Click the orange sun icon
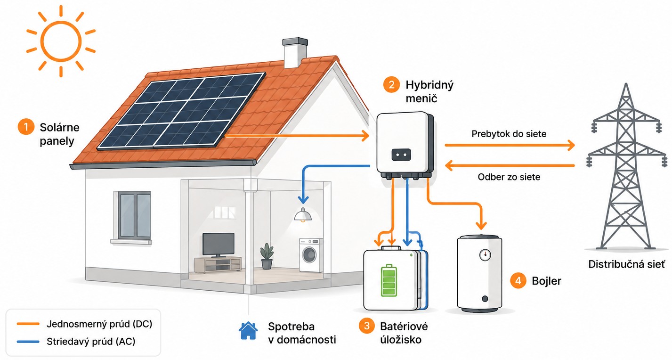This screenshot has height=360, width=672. (x=61, y=41)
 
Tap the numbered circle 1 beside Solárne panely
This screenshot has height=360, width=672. (x=26, y=127)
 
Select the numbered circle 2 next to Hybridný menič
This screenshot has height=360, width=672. (x=391, y=85)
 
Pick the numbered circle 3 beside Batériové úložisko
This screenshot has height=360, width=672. (x=366, y=326)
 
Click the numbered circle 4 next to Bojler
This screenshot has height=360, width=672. (x=518, y=280)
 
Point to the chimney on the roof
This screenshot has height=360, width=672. (x=295, y=53)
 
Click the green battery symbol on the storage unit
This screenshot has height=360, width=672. (x=389, y=280)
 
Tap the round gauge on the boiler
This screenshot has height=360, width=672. (x=485, y=255)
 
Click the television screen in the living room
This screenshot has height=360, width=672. (x=219, y=244)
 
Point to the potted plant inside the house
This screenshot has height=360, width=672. (x=267, y=256)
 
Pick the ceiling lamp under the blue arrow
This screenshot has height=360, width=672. (x=303, y=215)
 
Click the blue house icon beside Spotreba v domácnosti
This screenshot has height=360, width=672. (x=248, y=331)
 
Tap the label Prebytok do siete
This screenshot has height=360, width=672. (x=509, y=134)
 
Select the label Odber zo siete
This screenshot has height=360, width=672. (x=509, y=177)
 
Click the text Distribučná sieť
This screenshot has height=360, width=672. (x=626, y=264)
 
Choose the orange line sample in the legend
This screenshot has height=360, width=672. (x=28, y=324)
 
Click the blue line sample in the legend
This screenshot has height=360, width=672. (x=28, y=342)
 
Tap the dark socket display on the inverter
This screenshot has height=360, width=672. (x=401, y=155)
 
